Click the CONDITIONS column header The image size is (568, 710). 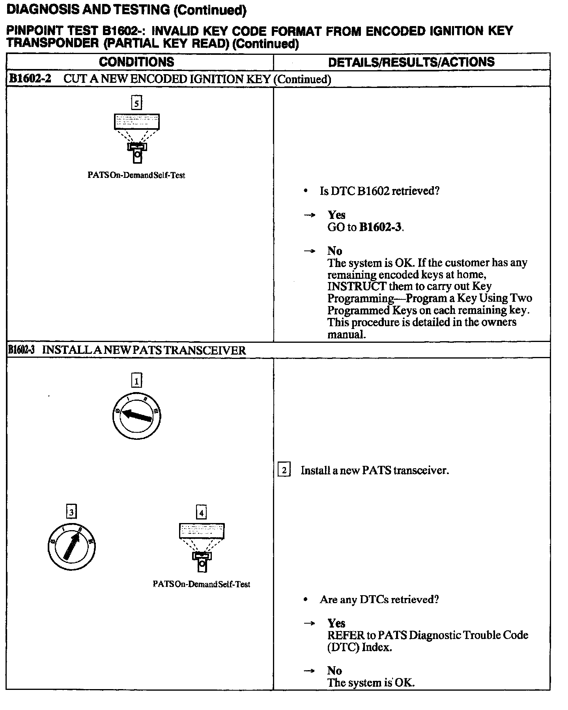136,62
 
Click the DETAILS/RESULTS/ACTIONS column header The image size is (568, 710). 411,62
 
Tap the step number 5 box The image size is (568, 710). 136,103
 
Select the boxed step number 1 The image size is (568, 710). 136,381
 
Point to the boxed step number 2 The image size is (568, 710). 284,470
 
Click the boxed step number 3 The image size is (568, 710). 71,512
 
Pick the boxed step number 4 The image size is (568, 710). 202,513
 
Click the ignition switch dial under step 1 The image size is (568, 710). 136,416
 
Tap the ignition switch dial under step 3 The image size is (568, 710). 71,547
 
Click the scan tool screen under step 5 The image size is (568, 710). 136,121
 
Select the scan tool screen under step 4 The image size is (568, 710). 202,531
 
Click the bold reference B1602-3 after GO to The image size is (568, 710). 381,228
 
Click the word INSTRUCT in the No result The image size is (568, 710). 357,286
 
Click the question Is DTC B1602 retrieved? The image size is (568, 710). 379,191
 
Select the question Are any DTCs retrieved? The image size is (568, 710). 379,600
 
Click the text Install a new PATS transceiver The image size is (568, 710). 375,470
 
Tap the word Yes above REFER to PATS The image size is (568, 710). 336,623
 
